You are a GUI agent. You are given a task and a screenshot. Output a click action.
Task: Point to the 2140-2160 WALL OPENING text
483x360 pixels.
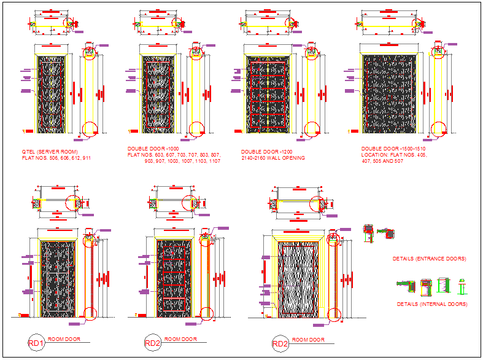click(x=272, y=158)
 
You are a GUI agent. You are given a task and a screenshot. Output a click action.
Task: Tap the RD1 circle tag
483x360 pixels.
click(x=36, y=343)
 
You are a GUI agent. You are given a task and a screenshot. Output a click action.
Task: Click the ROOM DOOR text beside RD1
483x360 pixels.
click(x=64, y=339)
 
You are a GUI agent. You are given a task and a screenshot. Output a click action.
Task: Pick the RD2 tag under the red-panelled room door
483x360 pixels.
click(x=152, y=343)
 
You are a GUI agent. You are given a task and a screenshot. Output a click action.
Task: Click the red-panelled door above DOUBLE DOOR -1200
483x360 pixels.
click(x=267, y=95)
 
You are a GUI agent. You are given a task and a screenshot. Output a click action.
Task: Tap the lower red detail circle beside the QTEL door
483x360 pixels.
click(x=90, y=129)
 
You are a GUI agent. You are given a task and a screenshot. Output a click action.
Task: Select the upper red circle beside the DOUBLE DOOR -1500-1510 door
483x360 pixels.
click(x=437, y=52)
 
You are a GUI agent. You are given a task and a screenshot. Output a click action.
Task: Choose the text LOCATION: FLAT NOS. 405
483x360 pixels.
click(x=393, y=156)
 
